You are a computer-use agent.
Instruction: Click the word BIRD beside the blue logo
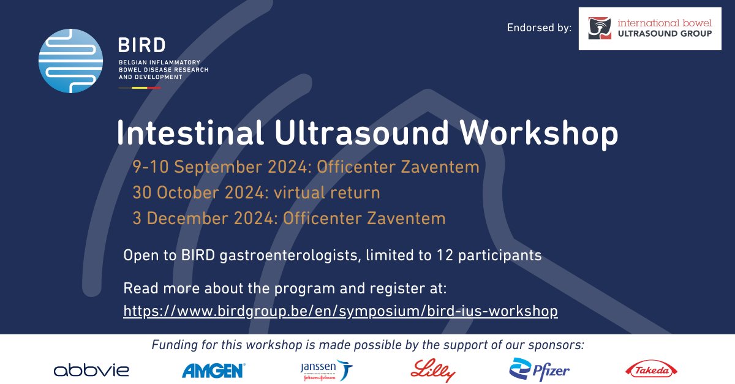click(141, 45)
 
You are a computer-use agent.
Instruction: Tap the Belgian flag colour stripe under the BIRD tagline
click(140, 88)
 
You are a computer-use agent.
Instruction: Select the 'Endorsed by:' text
click(539, 28)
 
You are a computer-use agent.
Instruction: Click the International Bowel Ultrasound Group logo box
click(649, 29)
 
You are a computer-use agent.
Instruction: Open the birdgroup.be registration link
click(341, 311)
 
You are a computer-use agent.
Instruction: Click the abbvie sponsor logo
click(91, 369)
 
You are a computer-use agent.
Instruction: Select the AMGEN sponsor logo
click(214, 369)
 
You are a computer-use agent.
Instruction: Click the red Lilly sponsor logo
click(434, 369)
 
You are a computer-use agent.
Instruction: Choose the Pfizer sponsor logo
click(540, 369)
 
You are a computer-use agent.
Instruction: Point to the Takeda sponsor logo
click(651, 369)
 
